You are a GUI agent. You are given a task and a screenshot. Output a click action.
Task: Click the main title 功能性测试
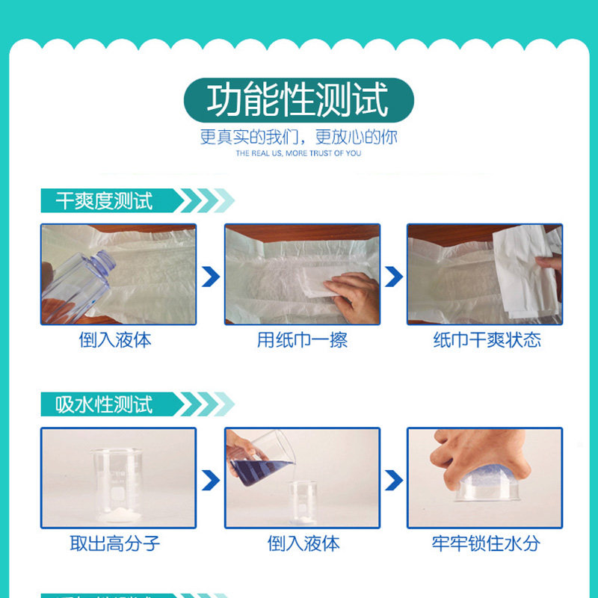pos(298,101)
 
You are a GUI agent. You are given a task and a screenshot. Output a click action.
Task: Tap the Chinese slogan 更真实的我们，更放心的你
pos(298,138)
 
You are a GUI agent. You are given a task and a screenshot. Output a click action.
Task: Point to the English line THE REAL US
pos(298,153)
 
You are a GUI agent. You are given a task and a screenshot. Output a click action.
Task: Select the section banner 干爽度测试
pos(105,201)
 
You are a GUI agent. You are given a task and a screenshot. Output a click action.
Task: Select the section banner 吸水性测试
pos(105,404)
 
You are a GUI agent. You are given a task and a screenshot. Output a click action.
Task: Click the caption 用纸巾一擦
pos(302,340)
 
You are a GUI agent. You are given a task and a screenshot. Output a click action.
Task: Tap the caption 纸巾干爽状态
pos(487,340)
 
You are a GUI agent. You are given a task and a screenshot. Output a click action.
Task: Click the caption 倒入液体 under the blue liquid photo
pos(303,543)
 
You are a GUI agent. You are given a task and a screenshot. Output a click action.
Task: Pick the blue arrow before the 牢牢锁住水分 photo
pos(394,479)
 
